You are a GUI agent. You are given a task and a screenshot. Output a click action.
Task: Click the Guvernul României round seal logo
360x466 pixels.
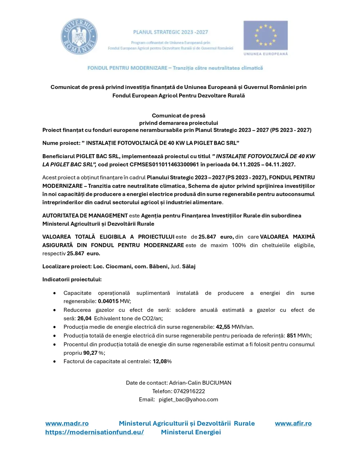(x=79, y=37)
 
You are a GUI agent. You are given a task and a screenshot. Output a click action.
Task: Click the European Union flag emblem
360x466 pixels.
(x=265, y=35)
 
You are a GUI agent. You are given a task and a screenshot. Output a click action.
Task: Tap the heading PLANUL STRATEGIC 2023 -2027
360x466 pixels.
(x=170, y=32)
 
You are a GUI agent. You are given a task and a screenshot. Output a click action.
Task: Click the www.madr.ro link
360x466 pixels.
(x=67, y=424)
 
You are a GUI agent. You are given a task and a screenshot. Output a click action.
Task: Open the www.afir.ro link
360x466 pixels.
(x=293, y=424)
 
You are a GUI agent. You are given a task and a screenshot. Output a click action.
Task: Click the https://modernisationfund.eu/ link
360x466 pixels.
(x=94, y=432)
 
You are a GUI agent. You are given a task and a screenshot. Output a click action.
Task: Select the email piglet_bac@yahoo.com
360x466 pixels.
(x=188, y=399)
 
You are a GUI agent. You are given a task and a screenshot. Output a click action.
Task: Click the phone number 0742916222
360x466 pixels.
(x=189, y=391)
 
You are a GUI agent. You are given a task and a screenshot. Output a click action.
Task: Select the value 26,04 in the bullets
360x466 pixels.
(x=85, y=318)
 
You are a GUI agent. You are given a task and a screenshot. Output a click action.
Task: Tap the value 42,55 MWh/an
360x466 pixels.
(x=234, y=327)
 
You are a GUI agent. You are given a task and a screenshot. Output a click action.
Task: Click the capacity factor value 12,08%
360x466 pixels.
(x=162, y=361)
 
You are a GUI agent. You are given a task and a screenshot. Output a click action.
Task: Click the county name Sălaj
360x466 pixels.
(x=189, y=266)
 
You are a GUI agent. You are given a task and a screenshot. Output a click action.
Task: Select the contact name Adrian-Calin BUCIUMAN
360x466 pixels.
(x=200, y=383)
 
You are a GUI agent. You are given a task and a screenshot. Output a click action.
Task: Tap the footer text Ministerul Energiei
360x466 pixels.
(x=191, y=432)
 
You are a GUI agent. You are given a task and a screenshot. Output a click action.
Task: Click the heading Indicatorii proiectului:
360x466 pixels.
(x=72, y=279)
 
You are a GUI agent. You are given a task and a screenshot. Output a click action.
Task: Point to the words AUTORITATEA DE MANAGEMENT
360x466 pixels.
(x=85, y=216)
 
